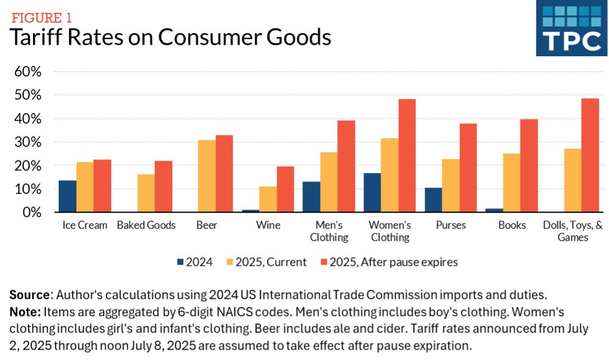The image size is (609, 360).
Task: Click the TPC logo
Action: click(572, 28)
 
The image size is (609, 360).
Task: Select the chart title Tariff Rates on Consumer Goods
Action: click(170, 37)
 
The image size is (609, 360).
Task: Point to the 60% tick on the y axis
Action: click(27, 72)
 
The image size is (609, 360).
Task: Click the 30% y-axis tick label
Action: click(27, 142)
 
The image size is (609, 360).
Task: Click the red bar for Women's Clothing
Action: click(407, 156)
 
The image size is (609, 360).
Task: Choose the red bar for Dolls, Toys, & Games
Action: click(590, 155)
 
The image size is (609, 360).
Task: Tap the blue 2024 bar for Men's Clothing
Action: click(311, 197)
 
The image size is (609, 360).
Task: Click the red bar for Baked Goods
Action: click(163, 186)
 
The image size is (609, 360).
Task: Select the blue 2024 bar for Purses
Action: click(433, 200)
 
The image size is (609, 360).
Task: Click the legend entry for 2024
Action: click(194, 262)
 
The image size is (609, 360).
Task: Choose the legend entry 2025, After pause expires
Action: click(388, 262)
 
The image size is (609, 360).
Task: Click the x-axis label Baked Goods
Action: click(146, 225)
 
